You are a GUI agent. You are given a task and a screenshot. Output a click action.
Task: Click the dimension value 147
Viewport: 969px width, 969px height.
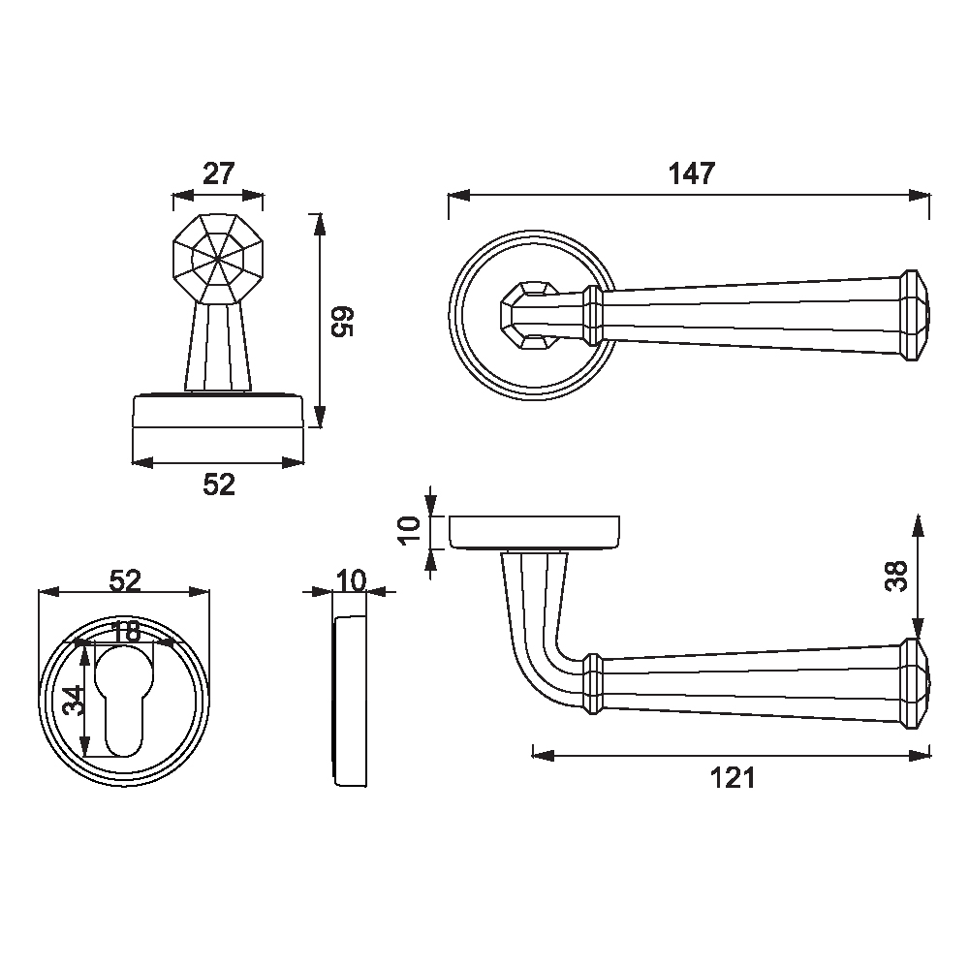[692, 173]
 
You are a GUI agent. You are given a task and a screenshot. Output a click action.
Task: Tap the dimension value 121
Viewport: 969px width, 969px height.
[733, 778]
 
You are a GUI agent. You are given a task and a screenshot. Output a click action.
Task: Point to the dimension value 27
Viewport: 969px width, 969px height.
[219, 173]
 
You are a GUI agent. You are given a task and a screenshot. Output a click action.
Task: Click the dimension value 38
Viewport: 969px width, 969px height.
[896, 576]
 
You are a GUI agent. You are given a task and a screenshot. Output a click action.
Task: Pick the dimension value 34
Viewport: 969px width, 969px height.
[75, 701]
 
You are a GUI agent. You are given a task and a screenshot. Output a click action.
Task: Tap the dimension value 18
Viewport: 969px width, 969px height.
[125, 632]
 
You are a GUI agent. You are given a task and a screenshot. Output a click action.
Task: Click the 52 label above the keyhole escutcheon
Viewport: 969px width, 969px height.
[125, 580]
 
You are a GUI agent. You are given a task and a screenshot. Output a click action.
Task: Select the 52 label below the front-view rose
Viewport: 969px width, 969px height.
[219, 485]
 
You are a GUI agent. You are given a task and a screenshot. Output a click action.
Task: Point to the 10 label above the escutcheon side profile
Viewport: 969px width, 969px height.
[351, 580]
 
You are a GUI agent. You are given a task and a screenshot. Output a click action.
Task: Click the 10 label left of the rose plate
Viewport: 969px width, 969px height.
[410, 530]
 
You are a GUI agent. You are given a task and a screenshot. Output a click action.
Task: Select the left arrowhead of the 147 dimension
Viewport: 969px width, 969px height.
[459, 196]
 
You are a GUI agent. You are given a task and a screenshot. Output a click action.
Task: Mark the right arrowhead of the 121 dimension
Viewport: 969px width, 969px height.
[920, 755]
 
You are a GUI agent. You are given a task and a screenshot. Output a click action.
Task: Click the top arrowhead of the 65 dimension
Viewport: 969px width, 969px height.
[319, 225]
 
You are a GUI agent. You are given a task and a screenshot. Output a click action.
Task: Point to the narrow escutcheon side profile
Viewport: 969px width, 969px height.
[350, 701]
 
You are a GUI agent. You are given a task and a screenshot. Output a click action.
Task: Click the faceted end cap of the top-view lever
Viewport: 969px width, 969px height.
[915, 315]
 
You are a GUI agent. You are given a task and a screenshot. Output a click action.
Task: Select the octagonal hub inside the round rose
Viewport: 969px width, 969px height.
[529, 315]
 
